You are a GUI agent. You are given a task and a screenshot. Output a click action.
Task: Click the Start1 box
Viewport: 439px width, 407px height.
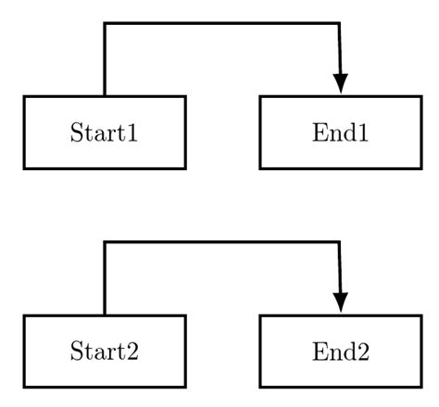tap(105, 132)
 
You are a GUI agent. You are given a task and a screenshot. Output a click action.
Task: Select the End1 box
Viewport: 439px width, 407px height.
tap(340, 132)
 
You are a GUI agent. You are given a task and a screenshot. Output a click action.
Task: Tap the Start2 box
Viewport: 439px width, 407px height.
tap(105, 351)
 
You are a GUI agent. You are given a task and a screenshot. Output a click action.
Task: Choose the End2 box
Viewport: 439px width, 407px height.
tap(340, 351)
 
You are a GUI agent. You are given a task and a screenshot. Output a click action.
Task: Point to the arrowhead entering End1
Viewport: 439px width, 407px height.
tap(341, 83)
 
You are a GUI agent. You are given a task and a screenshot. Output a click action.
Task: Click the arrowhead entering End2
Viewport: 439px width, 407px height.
tap(341, 302)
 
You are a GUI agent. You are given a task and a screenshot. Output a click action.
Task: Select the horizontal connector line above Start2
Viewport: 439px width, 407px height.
tap(222, 243)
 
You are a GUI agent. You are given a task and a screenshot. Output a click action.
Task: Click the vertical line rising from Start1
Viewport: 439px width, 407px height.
tap(105, 60)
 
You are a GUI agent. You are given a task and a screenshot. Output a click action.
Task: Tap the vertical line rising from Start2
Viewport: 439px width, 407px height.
tap(105, 279)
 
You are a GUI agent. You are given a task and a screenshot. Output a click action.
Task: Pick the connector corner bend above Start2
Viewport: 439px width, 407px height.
tap(105, 243)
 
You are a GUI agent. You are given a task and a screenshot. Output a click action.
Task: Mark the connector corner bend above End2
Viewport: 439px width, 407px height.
tap(339, 243)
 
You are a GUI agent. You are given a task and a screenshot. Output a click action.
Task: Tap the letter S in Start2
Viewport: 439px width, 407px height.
tap(76, 351)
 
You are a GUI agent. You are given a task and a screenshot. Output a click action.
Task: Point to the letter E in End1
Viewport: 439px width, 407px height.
tap(318, 132)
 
